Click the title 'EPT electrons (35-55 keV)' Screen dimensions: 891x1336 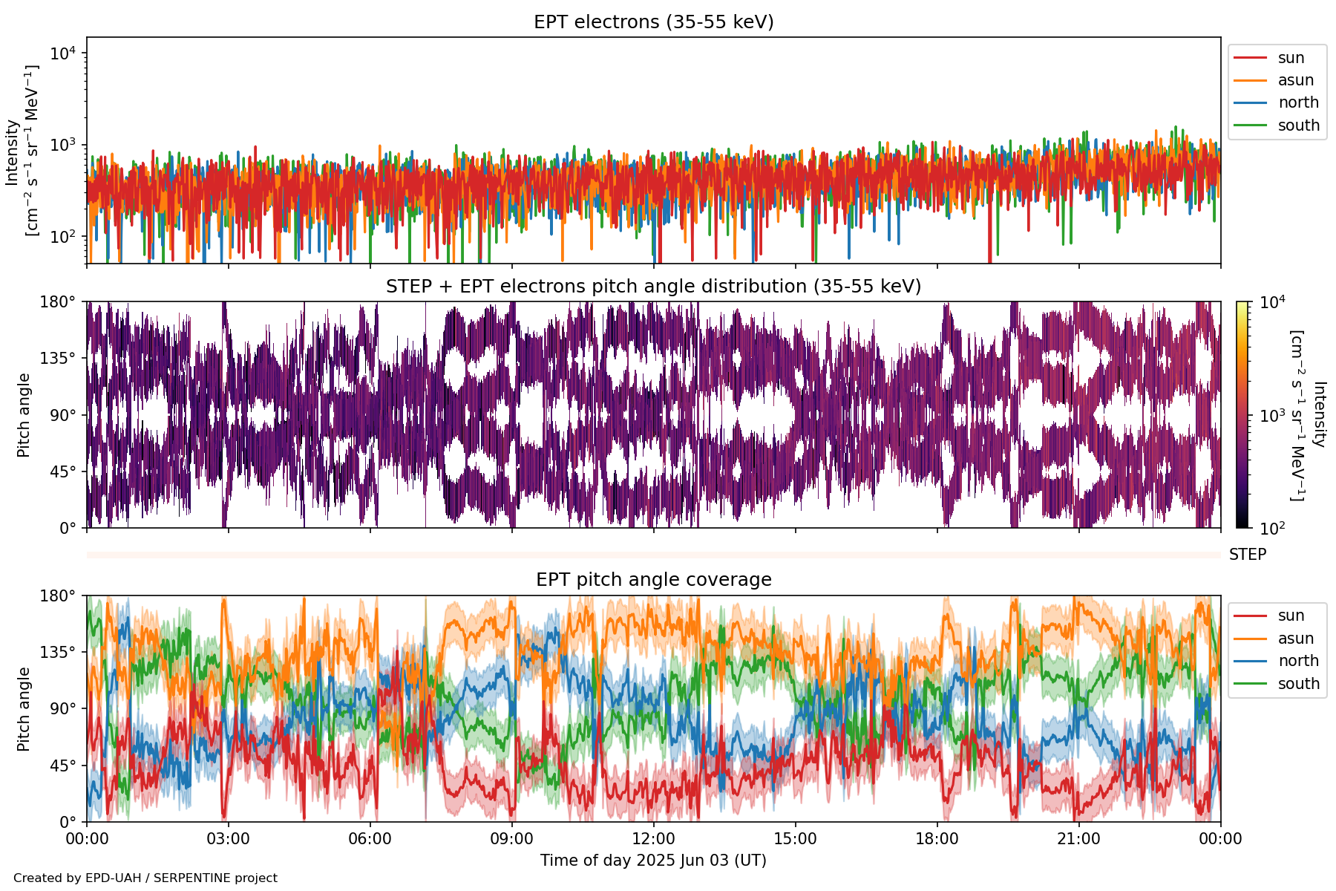(x=653, y=22)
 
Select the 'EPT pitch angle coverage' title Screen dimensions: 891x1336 (x=653, y=580)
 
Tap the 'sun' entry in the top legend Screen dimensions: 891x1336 (x=1291, y=58)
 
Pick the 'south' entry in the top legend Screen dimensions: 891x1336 (x=1298, y=125)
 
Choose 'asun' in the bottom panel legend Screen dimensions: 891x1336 (x=1295, y=639)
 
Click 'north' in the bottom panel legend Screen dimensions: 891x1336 (x=1298, y=661)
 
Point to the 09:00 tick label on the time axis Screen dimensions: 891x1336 (x=511, y=839)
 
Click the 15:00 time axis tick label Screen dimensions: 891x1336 (x=795, y=839)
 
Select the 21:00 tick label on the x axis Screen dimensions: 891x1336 (x=1078, y=839)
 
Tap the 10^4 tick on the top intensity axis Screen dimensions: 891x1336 (x=62, y=53)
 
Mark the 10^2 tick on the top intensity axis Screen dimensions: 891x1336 (x=62, y=237)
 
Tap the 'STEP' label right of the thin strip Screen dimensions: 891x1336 (x=1247, y=555)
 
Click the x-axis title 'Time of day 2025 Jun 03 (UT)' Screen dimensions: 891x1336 (x=653, y=861)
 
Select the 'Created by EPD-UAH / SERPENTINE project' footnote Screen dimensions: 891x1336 (x=145, y=878)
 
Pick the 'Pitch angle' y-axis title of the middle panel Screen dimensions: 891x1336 (x=24, y=415)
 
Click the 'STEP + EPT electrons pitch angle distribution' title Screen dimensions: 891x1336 (x=653, y=287)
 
